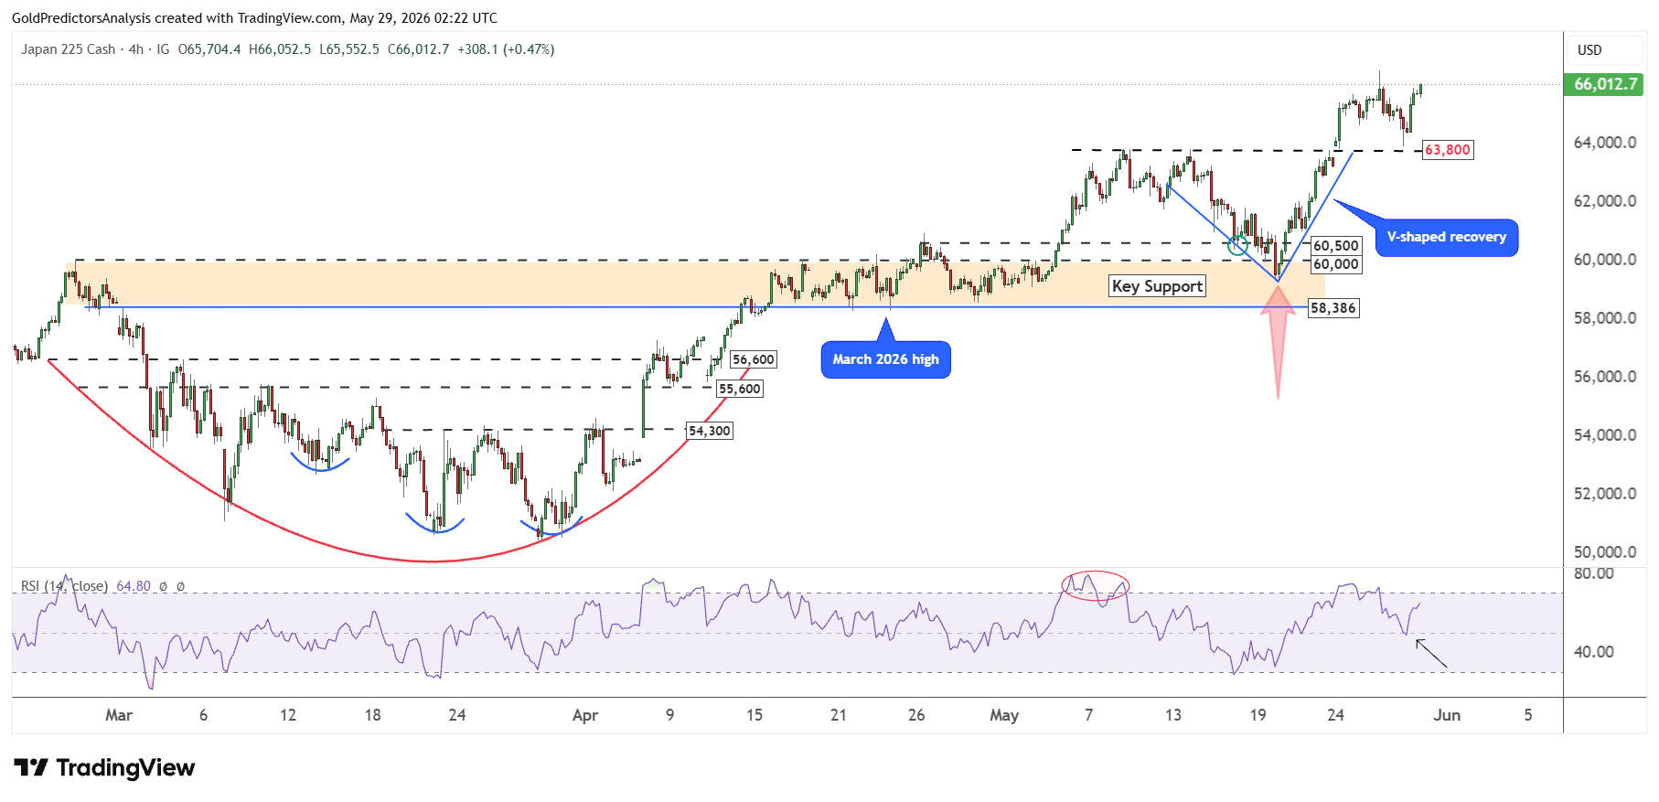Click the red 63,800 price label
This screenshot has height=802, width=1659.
pyautogui.click(x=1448, y=150)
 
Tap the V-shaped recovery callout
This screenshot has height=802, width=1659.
pyautogui.click(x=1446, y=238)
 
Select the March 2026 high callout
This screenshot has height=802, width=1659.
pyautogui.click(x=885, y=359)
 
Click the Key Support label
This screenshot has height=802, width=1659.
pyautogui.click(x=1157, y=286)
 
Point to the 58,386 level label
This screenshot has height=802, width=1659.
pyautogui.click(x=1333, y=308)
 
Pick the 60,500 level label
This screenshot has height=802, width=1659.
pyautogui.click(x=1336, y=246)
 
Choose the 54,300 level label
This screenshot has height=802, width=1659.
pyautogui.click(x=710, y=431)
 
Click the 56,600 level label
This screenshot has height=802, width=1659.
pyautogui.click(x=754, y=360)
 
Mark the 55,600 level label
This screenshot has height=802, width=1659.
pyautogui.click(x=739, y=389)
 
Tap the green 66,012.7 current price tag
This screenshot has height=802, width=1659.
pyautogui.click(x=1605, y=84)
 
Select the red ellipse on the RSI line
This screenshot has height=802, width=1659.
pyautogui.click(x=1095, y=585)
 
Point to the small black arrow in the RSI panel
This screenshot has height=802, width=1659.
pyautogui.click(x=1431, y=654)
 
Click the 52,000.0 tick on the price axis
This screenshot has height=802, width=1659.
pyautogui.click(x=1605, y=494)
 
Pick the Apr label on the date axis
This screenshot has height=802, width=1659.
pyautogui.click(x=585, y=715)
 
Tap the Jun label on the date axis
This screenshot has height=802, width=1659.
pyautogui.click(x=1447, y=715)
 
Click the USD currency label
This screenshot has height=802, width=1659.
pyautogui.click(x=1589, y=50)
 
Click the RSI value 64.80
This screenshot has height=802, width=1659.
pyautogui.click(x=134, y=586)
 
